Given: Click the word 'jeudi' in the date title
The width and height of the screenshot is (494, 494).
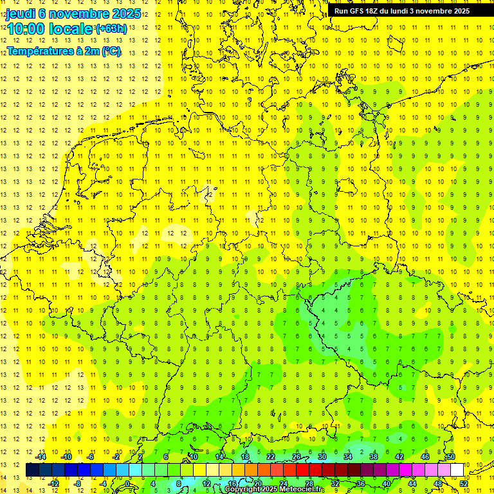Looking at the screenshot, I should pos(21,14).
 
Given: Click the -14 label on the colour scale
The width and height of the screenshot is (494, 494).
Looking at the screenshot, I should pos(41,457).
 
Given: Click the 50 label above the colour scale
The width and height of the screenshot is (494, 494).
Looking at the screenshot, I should pos(451,457).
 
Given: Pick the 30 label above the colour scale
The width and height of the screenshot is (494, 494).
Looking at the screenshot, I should pos(322,457).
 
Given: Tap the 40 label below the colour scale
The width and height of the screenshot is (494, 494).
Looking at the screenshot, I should pos(387,483).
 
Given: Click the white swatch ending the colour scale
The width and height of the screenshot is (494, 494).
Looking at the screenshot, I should pos(457,470).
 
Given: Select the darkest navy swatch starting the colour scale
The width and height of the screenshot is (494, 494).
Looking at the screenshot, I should pos(32,470).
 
